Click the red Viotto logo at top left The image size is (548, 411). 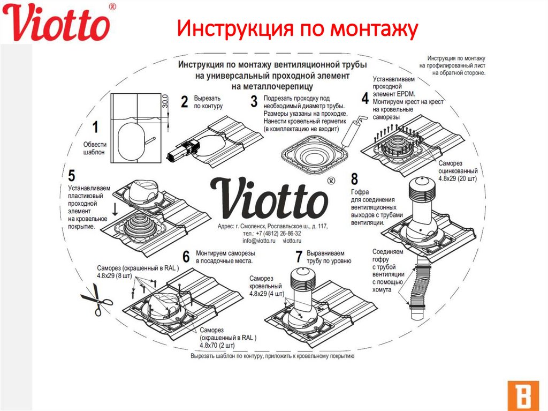tap(59, 23)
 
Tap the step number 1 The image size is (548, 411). tap(95, 128)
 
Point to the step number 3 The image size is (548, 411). tap(254, 101)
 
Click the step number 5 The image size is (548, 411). tap(72, 175)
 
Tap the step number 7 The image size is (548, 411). tap(299, 257)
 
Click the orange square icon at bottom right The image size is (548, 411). tap(517, 395)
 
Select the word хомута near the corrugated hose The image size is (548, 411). tap(382, 289)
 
